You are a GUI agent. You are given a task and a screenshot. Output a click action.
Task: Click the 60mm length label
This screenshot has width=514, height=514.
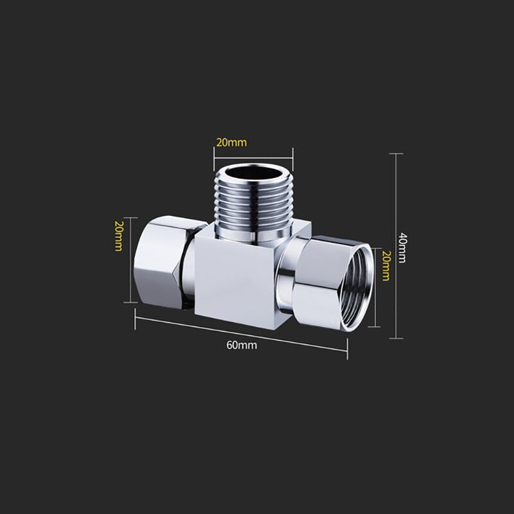pyautogui.click(x=242, y=344)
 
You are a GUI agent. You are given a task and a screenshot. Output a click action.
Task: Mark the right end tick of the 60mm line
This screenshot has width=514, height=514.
pyautogui.click(x=348, y=350)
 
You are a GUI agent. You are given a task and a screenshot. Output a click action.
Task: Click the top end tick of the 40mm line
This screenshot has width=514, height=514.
pyautogui.click(x=396, y=154)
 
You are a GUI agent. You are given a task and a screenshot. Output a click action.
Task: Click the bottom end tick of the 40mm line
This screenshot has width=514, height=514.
pyautogui.click(x=396, y=339)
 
